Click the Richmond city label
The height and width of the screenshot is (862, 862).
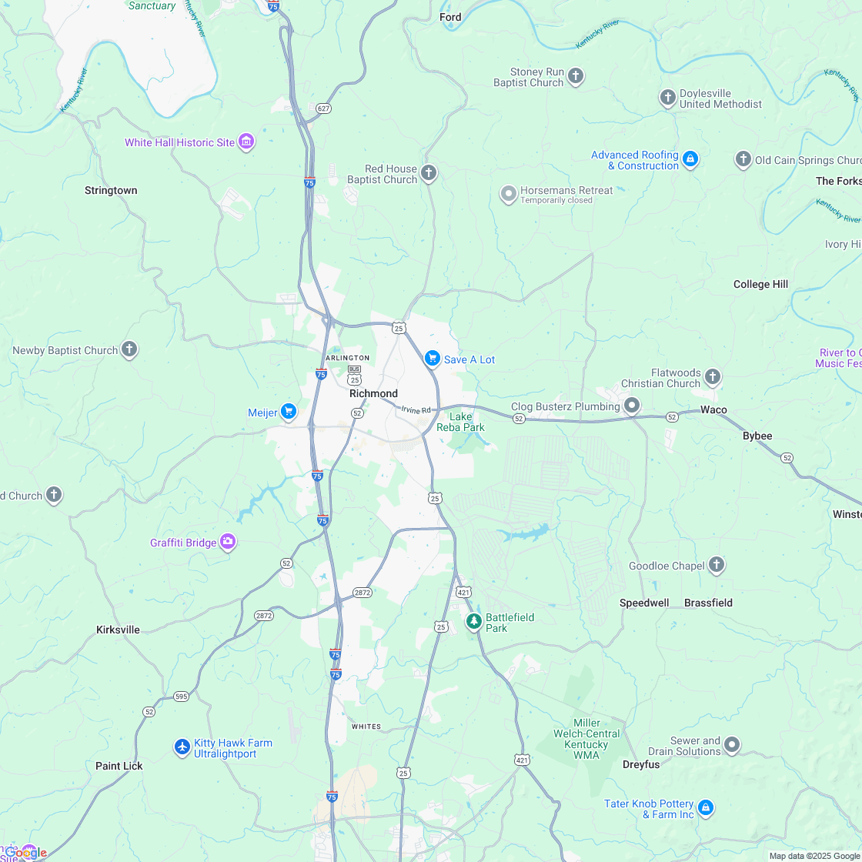point(373,393)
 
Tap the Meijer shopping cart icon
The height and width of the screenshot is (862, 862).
point(289,413)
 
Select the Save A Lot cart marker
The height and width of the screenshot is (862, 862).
point(433,359)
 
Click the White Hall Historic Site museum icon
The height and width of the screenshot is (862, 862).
point(246,142)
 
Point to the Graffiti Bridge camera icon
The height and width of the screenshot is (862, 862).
point(228,543)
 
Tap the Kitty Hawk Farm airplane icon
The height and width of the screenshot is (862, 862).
point(182,747)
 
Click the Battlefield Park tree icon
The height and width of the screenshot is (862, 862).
point(474,621)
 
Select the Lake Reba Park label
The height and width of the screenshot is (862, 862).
point(461,422)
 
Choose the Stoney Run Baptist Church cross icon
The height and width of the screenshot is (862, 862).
point(576,76)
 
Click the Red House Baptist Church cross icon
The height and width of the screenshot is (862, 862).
point(429,173)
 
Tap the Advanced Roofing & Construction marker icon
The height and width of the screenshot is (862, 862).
point(690,159)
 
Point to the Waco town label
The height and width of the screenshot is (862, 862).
point(713,409)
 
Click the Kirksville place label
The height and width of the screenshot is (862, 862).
point(119,630)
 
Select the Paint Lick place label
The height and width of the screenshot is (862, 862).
point(119,766)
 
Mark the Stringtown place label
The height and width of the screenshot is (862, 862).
point(111,190)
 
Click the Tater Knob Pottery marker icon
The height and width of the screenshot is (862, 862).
point(706,809)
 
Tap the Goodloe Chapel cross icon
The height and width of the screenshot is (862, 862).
point(717,566)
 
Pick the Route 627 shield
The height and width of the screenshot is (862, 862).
point(323,109)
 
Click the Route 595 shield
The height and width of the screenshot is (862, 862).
point(181,697)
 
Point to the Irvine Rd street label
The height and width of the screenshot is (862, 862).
point(416,410)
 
